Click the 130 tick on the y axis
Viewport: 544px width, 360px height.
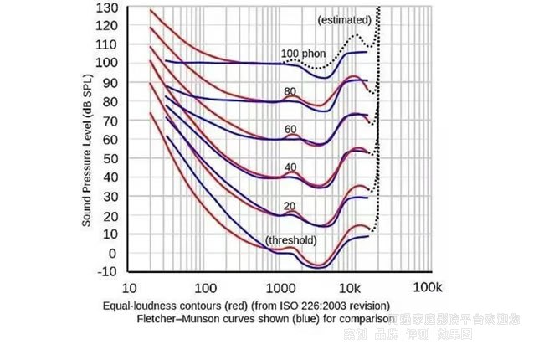point(106,8)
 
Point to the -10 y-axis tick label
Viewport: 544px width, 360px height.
point(106,271)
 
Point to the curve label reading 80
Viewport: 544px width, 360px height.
point(290,91)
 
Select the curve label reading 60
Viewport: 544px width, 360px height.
point(290,129)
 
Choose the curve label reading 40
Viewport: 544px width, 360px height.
point(290,167)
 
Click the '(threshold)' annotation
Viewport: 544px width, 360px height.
point(290,241)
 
